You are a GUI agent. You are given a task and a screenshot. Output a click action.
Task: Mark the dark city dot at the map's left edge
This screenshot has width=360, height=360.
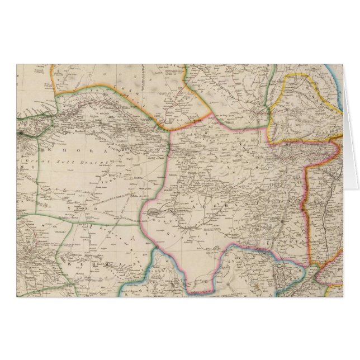point(20,134)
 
